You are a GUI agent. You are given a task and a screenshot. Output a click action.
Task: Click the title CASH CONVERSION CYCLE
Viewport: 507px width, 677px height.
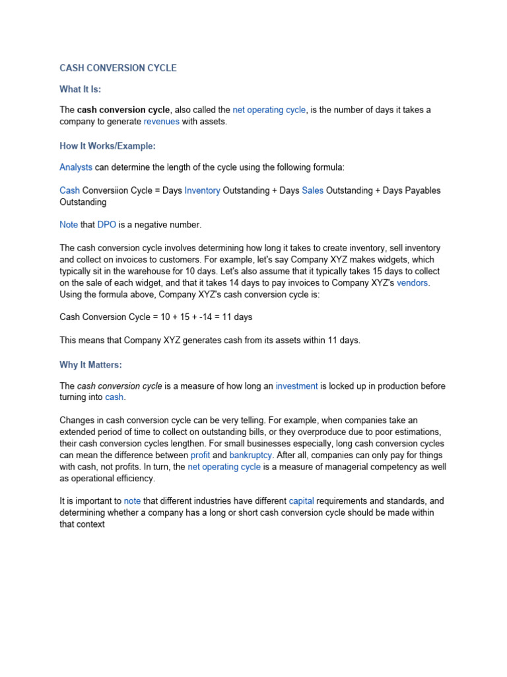click(118, 68)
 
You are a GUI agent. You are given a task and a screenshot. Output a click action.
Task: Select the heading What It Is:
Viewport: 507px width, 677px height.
click(81, 89)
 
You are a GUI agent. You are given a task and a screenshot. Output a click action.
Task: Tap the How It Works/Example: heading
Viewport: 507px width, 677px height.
click(107, 145)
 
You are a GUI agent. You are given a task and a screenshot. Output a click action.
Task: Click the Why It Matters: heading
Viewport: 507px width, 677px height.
click(90, 365)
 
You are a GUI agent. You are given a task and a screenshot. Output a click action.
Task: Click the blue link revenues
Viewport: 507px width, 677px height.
click(162, 122)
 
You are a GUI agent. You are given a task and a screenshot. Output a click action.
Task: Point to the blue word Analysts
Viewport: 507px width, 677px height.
click(76, 168)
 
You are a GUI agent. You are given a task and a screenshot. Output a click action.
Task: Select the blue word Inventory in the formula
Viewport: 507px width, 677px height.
click(202, 190)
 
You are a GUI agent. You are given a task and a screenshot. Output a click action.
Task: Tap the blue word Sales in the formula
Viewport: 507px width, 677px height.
click(313, 190)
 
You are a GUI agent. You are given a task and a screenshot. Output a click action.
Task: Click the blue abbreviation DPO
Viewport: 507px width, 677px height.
click(107, 225)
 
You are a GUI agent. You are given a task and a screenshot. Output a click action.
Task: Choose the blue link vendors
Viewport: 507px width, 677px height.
click(413, 283)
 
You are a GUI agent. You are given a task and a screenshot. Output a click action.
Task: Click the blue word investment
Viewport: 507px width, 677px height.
click(296, 386)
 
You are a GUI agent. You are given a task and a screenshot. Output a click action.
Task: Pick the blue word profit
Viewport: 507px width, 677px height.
click(201, 456)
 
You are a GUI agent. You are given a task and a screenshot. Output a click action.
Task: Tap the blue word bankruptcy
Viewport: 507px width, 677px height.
click(250, 456)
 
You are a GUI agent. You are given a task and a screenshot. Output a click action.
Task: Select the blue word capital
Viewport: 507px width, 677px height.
click(301, 502)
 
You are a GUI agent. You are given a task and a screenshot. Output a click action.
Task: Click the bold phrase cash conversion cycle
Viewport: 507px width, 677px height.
click(124, 110)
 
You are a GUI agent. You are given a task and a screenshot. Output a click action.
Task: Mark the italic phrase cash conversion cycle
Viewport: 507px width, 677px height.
click(119, 386)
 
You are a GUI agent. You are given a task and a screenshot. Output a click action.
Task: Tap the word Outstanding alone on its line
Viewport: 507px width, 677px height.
click(83, 202)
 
